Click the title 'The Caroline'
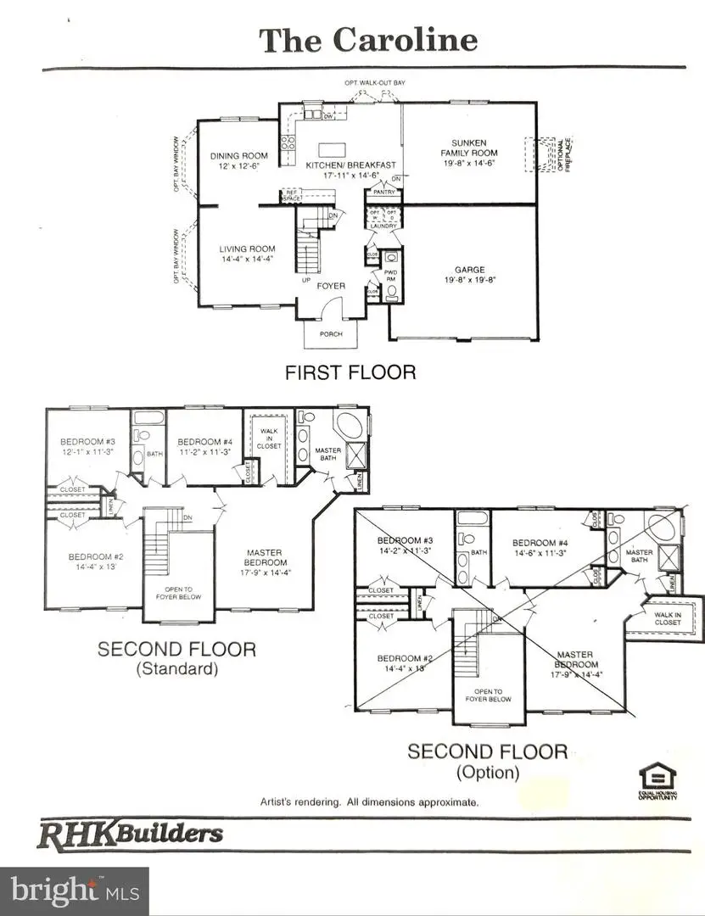(367, 39)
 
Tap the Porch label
(331, 333)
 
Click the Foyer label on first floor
(331, 286)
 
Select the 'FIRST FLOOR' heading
(350, 371)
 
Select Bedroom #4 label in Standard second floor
(204, 446)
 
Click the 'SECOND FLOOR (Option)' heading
(487, 761)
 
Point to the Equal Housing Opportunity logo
(657, 780)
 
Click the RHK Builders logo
(130, 834)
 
